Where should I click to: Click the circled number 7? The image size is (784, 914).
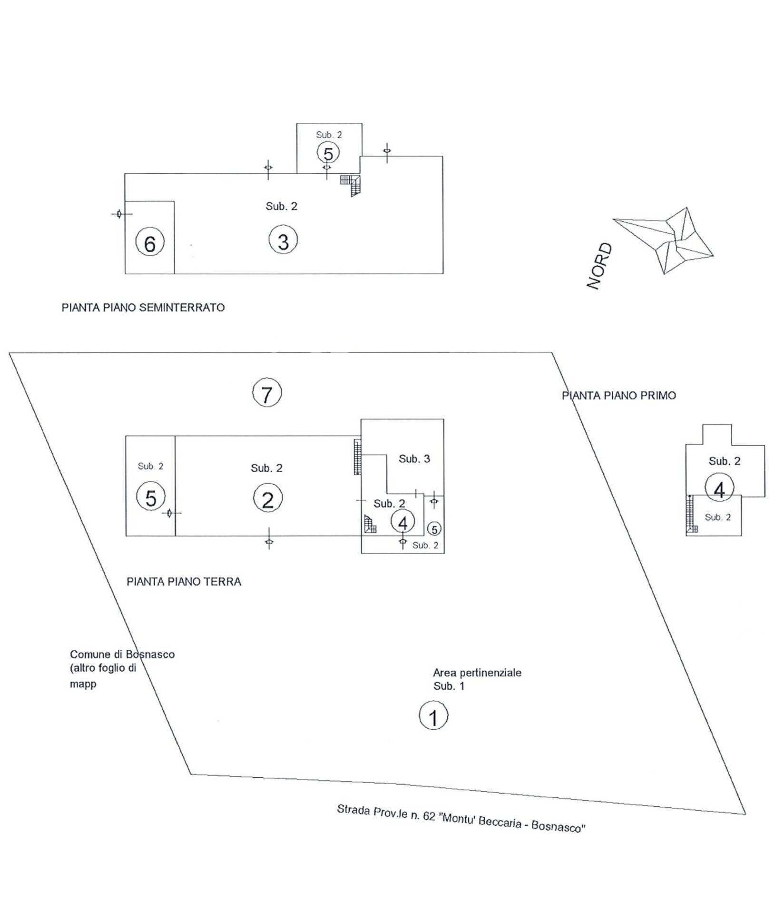click(267, 393)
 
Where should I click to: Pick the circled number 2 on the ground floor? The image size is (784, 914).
click(267, 499)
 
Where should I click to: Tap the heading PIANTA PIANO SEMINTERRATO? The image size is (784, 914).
click(143, 308)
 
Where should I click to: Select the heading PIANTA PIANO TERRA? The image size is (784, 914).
click(184, 582)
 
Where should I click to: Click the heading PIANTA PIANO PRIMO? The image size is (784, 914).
click(619, 396)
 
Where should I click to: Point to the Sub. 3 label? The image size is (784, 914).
click(414, 458)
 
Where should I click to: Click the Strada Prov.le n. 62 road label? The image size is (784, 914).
click(461, 818)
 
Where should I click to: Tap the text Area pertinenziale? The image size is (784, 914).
click(477, 673)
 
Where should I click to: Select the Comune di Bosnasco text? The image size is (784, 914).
click(122, 654)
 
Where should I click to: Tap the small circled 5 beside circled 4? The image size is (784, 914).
click(434, 529)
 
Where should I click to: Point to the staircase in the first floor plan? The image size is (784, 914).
click(691, 514)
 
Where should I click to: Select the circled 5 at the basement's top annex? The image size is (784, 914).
click(328, 153)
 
